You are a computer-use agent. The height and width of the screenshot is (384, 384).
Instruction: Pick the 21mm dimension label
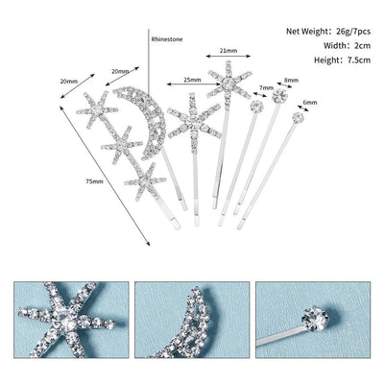[x=228, y=50]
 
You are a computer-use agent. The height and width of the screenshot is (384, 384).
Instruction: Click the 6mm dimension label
[x=308, y=103]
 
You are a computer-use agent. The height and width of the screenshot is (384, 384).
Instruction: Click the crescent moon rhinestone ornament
[x=140, y=120]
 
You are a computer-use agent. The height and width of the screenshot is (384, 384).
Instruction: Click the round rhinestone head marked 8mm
[x=279, y=96]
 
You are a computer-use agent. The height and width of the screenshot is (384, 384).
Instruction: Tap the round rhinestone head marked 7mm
[x=254, y=108]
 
